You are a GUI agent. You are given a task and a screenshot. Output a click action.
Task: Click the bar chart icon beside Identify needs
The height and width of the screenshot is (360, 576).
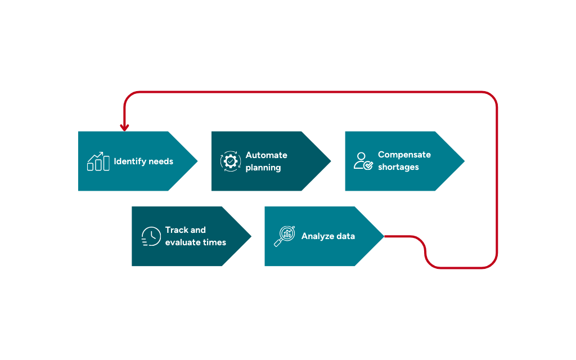pos(98,161)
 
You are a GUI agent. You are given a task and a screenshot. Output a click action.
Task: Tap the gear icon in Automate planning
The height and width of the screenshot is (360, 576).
pos(230,161)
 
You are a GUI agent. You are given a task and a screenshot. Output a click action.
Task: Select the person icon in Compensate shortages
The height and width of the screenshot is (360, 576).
pos(363,161)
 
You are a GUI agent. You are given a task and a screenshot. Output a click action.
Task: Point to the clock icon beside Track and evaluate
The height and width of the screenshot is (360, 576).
pos(151,236)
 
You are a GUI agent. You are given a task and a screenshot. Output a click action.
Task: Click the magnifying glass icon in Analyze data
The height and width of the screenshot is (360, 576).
pos(284,236)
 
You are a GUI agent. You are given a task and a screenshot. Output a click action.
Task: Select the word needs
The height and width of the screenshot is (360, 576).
pos(161,161)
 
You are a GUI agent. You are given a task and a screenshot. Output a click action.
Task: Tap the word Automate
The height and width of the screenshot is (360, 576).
pos(266,155)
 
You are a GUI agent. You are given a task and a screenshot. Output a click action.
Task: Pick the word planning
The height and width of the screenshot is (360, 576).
pos(263,168)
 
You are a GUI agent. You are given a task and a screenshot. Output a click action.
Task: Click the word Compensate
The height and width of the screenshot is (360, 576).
pos(404,155)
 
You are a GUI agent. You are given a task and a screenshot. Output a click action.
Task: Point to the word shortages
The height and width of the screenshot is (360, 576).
pos(398,168)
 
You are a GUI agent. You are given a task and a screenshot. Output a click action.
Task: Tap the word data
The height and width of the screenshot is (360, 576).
pos(345,236)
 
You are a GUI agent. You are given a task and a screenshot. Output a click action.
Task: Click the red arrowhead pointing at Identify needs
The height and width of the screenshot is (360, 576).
pos(124,128)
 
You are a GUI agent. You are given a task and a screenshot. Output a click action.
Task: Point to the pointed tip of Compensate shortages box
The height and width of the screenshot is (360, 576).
pos(464,161)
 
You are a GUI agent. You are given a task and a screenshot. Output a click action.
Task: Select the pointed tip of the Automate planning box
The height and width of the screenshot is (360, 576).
pos(330,161)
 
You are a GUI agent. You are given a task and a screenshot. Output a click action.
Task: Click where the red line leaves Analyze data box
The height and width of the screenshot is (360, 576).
pos(386,236)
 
